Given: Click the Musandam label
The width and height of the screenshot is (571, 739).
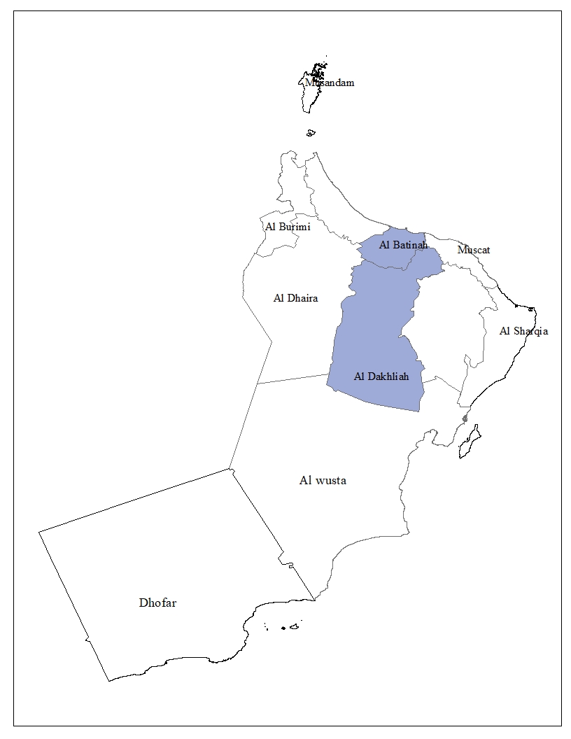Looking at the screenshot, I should [330, 83].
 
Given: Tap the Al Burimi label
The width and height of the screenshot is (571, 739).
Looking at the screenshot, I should [288, 227].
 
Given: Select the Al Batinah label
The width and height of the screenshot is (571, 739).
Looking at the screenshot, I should [403, 245].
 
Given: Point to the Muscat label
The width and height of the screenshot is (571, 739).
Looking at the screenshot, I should [474, 250].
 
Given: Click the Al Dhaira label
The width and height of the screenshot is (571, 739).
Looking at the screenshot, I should [295, 298].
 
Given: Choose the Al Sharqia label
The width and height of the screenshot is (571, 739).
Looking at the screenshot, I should [523, 331].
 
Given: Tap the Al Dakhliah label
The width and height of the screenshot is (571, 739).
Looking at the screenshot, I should [381, 376].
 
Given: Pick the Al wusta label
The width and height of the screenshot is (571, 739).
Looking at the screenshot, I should [323, 481].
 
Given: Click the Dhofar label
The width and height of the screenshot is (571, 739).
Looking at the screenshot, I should [157, 603].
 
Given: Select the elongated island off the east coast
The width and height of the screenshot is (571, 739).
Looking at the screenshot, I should [470, 442].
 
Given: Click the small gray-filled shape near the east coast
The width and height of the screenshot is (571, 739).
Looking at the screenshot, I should [465, 419].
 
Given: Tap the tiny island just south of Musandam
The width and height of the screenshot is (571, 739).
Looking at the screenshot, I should [311, 132].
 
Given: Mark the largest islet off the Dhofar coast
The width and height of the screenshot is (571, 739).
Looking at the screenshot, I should [295, 627].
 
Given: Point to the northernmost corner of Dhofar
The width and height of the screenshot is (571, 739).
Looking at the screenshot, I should [230, 469].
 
